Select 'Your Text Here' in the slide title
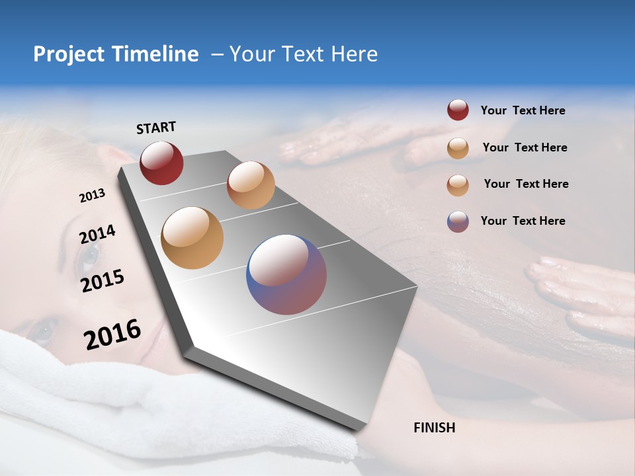tap(304, 54)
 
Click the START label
tap(156, 128)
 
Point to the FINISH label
tap(434, 428)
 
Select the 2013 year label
tap(92, 196)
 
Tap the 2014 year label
tap(97, 235)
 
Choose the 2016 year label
tap(112, 335)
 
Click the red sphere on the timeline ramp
tap(161, 163)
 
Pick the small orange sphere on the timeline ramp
tap(251, 185)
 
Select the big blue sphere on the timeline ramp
tap(286, 274)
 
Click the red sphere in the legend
tap(458, 110)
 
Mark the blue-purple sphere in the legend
tap(458, 221)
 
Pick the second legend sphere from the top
tap(458, 148)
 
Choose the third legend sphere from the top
tap(458, 185)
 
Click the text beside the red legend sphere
tap(523, 111)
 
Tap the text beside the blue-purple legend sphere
tap(523, 221)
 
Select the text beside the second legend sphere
tap(525, 147)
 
